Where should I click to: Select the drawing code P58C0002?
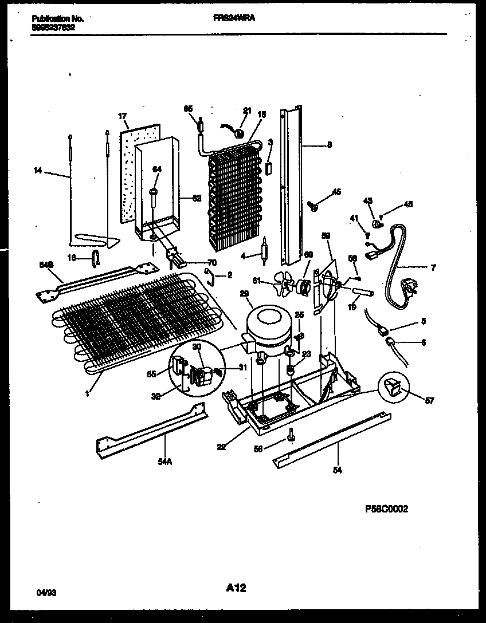click(x=386, y=508)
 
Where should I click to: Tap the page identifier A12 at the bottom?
click(x=236, y=587)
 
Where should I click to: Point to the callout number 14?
click(x=38, y=169)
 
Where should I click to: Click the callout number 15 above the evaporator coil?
click(x=262, y=114)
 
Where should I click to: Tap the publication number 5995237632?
click(x=53, y=26)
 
